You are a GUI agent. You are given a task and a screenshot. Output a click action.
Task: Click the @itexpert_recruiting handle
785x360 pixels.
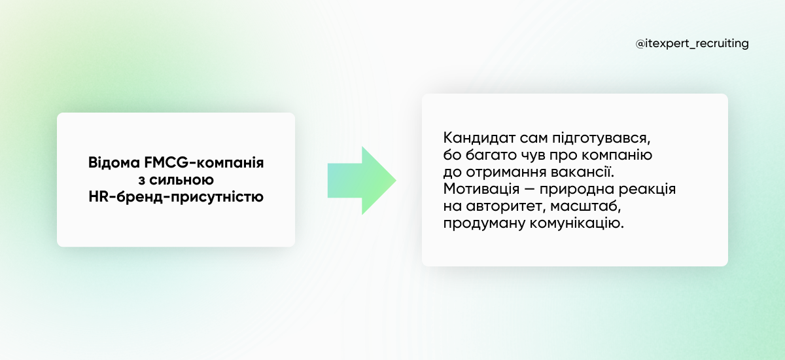point(692,44)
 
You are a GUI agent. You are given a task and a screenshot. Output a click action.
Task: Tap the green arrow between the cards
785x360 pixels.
point(362,180)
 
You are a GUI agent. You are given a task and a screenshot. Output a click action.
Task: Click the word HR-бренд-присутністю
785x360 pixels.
point(175,196)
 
